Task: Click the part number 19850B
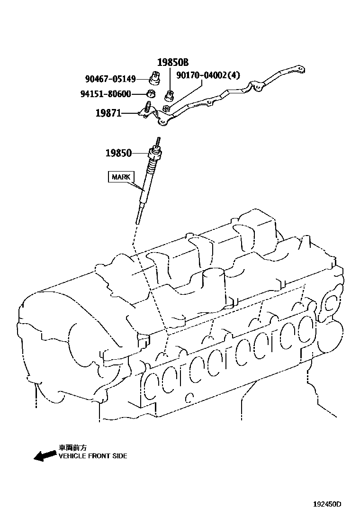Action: (173, 62)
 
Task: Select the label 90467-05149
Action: (110, 79)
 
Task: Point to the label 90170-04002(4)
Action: (208, 75)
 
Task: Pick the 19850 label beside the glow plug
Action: (118, 153)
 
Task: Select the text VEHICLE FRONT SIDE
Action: (92, 456)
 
